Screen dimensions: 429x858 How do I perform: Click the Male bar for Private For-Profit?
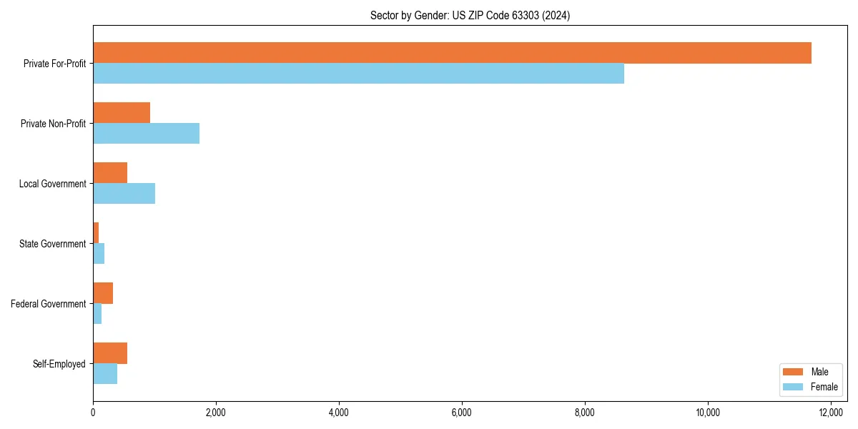[452, 53]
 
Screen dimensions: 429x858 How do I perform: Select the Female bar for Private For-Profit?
[358, 74]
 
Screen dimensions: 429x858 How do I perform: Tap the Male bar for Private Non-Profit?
[122, 113]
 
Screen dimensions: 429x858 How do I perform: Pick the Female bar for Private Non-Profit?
[146, 134]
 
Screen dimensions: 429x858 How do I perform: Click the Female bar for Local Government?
[124, 194]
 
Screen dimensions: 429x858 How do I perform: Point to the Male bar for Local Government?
[110, 173]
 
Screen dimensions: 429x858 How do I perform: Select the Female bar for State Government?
[99, 254]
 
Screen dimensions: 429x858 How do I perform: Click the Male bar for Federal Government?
[103, 293]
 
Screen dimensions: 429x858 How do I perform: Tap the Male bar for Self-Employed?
[110, 353]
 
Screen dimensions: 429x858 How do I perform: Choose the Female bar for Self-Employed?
[105, 374]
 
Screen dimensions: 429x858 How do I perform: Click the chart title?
[470, 15]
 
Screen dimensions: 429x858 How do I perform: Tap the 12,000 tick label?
[831, 412]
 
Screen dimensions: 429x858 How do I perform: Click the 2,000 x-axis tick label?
[215, 412]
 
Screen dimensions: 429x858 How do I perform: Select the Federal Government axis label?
[49, 304]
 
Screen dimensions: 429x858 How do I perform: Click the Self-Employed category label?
[59, 364]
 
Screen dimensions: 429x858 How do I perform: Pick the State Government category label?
[53, 244]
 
